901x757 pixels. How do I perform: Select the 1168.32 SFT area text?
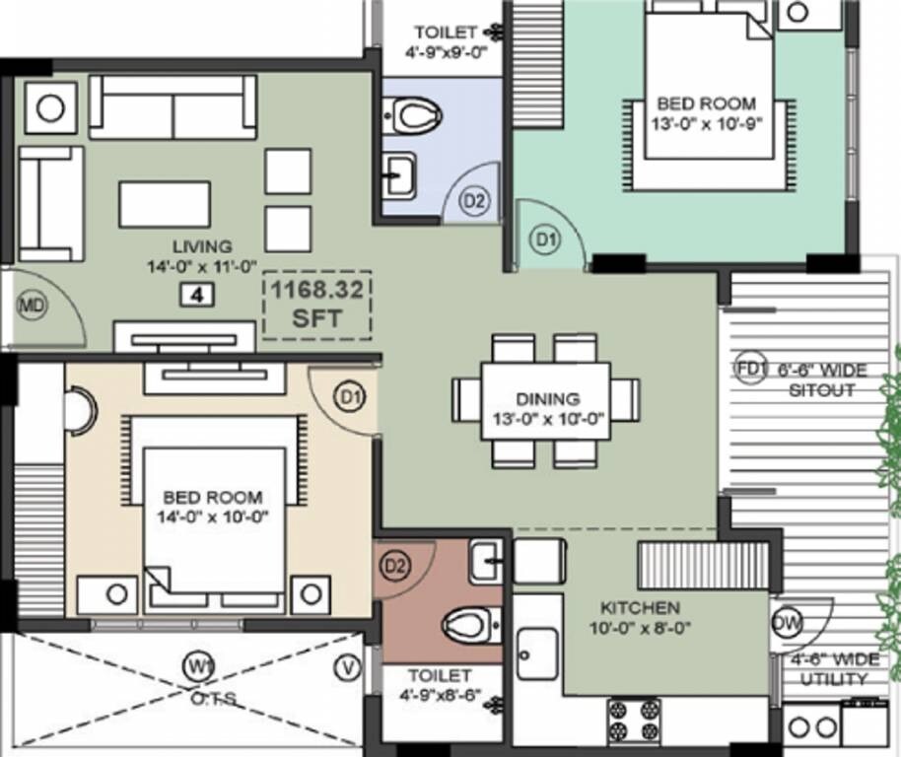point(316,304)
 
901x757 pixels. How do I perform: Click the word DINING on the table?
point(547,399)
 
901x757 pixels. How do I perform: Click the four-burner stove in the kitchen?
point(633,721)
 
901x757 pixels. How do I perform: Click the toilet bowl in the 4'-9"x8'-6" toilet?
point(466,623)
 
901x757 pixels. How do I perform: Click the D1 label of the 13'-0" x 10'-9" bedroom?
point(545,238)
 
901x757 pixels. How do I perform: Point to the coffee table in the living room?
point(165,204)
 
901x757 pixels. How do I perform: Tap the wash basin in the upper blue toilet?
point(399,176)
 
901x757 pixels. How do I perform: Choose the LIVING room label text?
point(202,246)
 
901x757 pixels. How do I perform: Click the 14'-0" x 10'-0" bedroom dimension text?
point(213,516)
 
